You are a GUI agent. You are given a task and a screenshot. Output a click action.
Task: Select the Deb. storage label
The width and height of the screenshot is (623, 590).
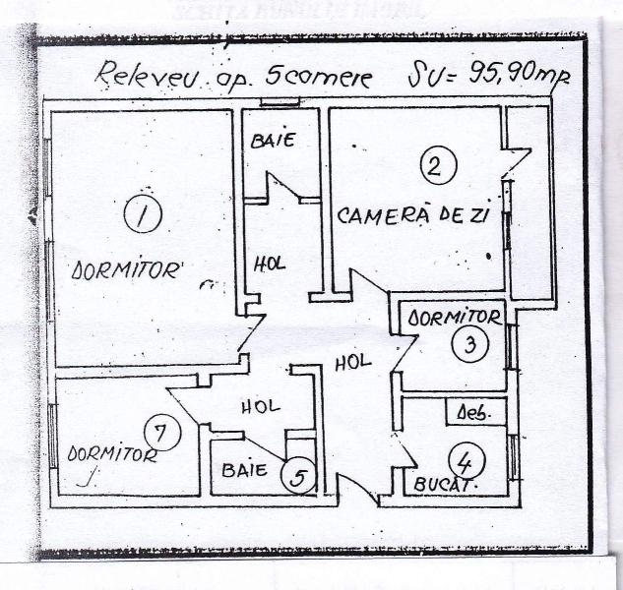(x=469, y=414)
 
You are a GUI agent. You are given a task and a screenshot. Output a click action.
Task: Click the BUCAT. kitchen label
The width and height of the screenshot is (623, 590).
(x=446, y=485)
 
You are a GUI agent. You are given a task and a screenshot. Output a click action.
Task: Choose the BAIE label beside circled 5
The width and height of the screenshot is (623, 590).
(x=245, y=470)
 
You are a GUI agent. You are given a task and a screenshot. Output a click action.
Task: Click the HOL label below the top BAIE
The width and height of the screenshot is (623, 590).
(x=271, y=264)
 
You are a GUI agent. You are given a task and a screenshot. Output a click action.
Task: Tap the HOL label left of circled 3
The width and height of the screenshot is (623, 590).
(x=352, y=362)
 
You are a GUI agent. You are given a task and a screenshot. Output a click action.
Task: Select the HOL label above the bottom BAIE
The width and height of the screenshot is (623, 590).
(x=260, y=405)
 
